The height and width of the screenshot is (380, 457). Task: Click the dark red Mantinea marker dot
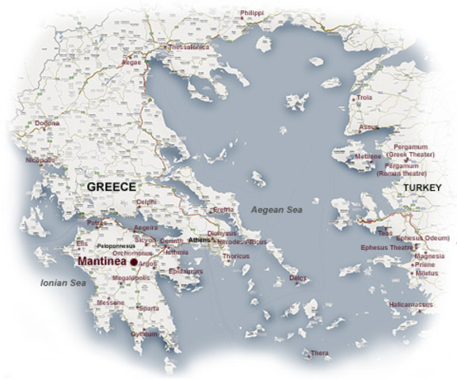(x=134, y=262)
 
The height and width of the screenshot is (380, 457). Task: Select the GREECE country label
(x=111, y=187)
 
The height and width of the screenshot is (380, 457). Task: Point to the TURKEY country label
(x=421, y=187)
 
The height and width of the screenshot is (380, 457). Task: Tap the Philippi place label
(x=252, y=13)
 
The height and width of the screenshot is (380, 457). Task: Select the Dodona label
(x=45, y=123)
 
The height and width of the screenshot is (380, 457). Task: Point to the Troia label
(x=364, y=97)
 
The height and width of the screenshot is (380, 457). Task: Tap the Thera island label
(x=320, y=352)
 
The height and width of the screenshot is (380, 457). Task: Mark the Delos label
(x=298, y=279)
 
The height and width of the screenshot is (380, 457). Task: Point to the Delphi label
(x=147, y=203)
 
